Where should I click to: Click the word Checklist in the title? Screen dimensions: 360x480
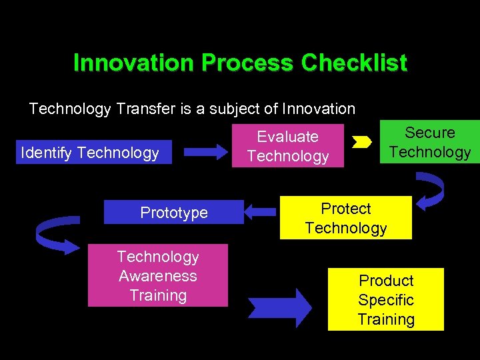point(353,63)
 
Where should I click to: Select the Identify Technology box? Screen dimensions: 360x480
point(90,153)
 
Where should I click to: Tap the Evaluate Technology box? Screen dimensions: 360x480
point(288,146)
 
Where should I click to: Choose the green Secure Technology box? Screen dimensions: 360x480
point(430,142)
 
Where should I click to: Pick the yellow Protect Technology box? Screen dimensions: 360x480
point(345,218)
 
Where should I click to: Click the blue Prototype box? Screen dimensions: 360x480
point(174,213)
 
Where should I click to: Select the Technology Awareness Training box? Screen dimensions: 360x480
point(158,276)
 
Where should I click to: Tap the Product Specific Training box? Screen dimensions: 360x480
point(386,299)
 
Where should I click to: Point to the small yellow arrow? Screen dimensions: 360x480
point(362,142)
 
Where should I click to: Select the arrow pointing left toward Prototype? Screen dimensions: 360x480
point(261,212)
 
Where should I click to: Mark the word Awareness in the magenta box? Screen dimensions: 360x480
point(158,276)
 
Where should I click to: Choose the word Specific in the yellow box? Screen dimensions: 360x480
point(386,300)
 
